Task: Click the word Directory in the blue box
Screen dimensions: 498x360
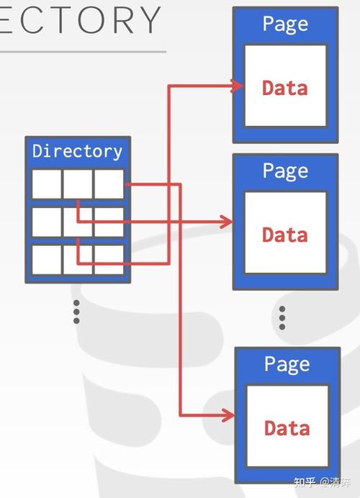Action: [x=77, y=151]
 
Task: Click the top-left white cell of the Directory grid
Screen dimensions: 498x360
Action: [x=46, y=184]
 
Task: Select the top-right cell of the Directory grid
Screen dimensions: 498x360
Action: [x=109, y=184]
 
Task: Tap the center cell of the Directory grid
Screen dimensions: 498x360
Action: [x=77, y=222]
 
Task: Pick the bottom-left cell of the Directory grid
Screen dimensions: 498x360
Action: [x=46, y=259]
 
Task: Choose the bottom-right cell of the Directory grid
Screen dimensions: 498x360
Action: [x=109, y=259]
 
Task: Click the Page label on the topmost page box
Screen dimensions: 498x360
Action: [x=285, y=24]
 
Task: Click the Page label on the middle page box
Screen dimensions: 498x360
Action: [x=285, y=171]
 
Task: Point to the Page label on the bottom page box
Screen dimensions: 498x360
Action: [x=287, y=364]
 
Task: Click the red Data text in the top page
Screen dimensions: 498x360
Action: [x=285, y=88]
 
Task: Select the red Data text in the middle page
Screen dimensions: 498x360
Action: [x=285, y=235]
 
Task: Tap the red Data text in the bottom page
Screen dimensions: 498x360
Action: [x=287, y=428]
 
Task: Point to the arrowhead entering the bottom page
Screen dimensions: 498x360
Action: [x=228, y=415]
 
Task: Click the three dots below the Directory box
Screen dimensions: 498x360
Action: [x=76, y=312]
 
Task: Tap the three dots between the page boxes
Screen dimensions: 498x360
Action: [x=282, y=317]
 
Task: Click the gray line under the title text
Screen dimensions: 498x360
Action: [x=83, y=51]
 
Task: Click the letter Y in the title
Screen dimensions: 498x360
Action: [x=148, y=19]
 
